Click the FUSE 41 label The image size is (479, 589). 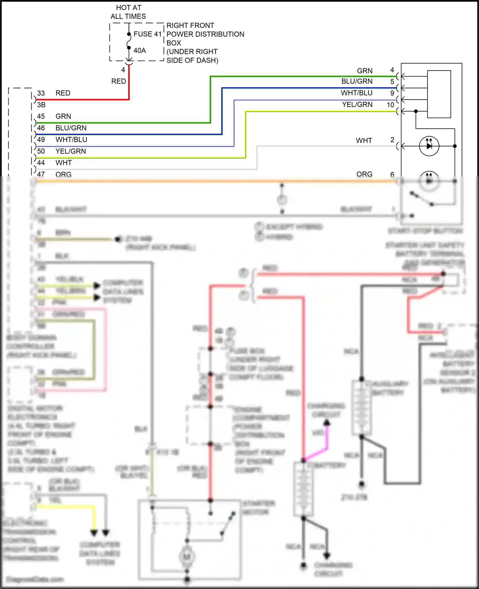148,34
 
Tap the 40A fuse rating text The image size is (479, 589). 140,50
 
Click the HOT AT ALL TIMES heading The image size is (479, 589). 128,12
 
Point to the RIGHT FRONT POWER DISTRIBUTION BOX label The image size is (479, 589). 205,34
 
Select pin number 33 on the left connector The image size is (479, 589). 41,93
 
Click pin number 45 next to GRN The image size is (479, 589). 41,116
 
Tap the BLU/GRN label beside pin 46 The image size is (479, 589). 71,128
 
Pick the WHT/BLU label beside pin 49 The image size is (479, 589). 71,139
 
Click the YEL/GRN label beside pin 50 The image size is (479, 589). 71,151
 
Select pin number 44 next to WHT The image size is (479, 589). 41,163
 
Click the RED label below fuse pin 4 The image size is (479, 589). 118,81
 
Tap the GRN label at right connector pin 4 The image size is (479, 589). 365,71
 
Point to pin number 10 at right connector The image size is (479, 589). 390,105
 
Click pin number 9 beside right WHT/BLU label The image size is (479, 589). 392,93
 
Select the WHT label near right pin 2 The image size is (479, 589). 364,140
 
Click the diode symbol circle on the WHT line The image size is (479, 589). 429,146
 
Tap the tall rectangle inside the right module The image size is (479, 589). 439,94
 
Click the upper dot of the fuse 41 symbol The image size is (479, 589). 129,34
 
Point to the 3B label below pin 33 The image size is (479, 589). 41,105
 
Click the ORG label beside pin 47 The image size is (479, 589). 63,174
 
